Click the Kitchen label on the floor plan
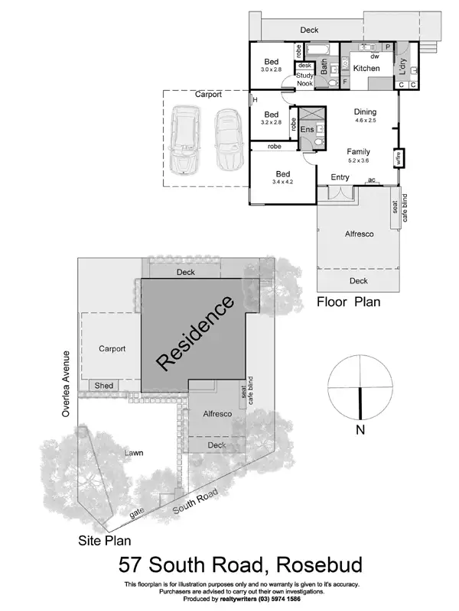pyautogui.click(x=366, y=69)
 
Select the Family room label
pyautogui.click(x=359, y=151)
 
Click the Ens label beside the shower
pyautogui.click(x=307, y=131)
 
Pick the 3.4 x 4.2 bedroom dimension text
pyautogui.click(x=282, y=182)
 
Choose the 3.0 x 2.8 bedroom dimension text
pyautogui.click(x=272, y=70)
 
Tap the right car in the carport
pyautogui.click(x=226, y=140)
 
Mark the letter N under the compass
pyautogui.click(x=360, y=430)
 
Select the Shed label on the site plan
pyautogui.click(x=103, y=386)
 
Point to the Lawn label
pyautogui.click(x=135, y=454)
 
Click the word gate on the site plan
pyautogui.click(x=138, y=516)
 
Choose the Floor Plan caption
pyautogui.click(x=349, y=302)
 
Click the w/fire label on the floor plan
pyautogui.click(x=398, y=158)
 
